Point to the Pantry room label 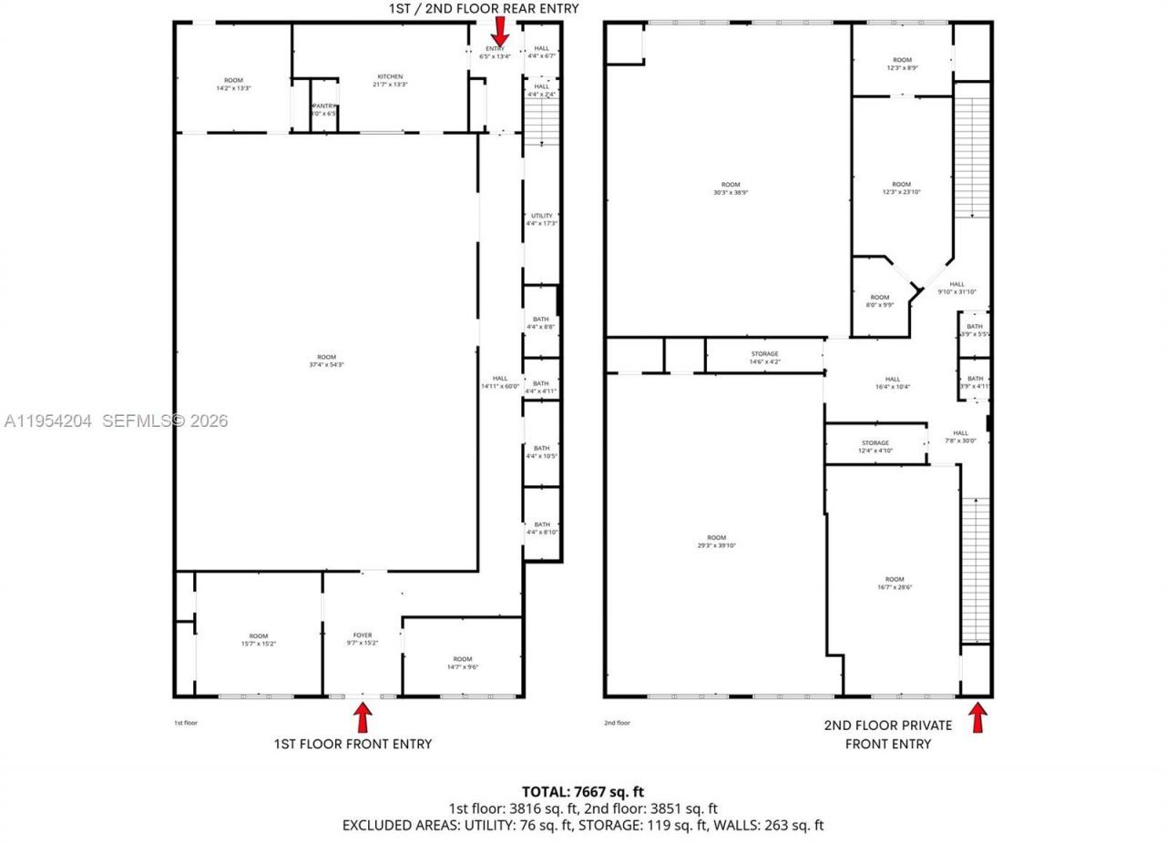(x=324, y=109)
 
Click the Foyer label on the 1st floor (x=363, y=639)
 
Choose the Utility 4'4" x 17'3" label (x=541, y=219)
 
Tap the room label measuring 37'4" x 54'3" (x=326, y=361)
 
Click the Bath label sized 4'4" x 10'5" (x=541, y=452)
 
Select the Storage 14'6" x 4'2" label (x=764, y=358)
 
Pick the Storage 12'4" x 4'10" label (x=875, y=447)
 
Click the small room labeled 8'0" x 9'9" (x=879, y=301)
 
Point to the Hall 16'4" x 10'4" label (x=893, y=383)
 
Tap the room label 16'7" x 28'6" (x=895, y=584)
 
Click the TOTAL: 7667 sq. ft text (x=583, y=792)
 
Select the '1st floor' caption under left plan (x=185, y=723)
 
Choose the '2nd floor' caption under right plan (x=617, y=723)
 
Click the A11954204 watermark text (x=48, y=421)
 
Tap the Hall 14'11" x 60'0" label (x=500, y=382)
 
